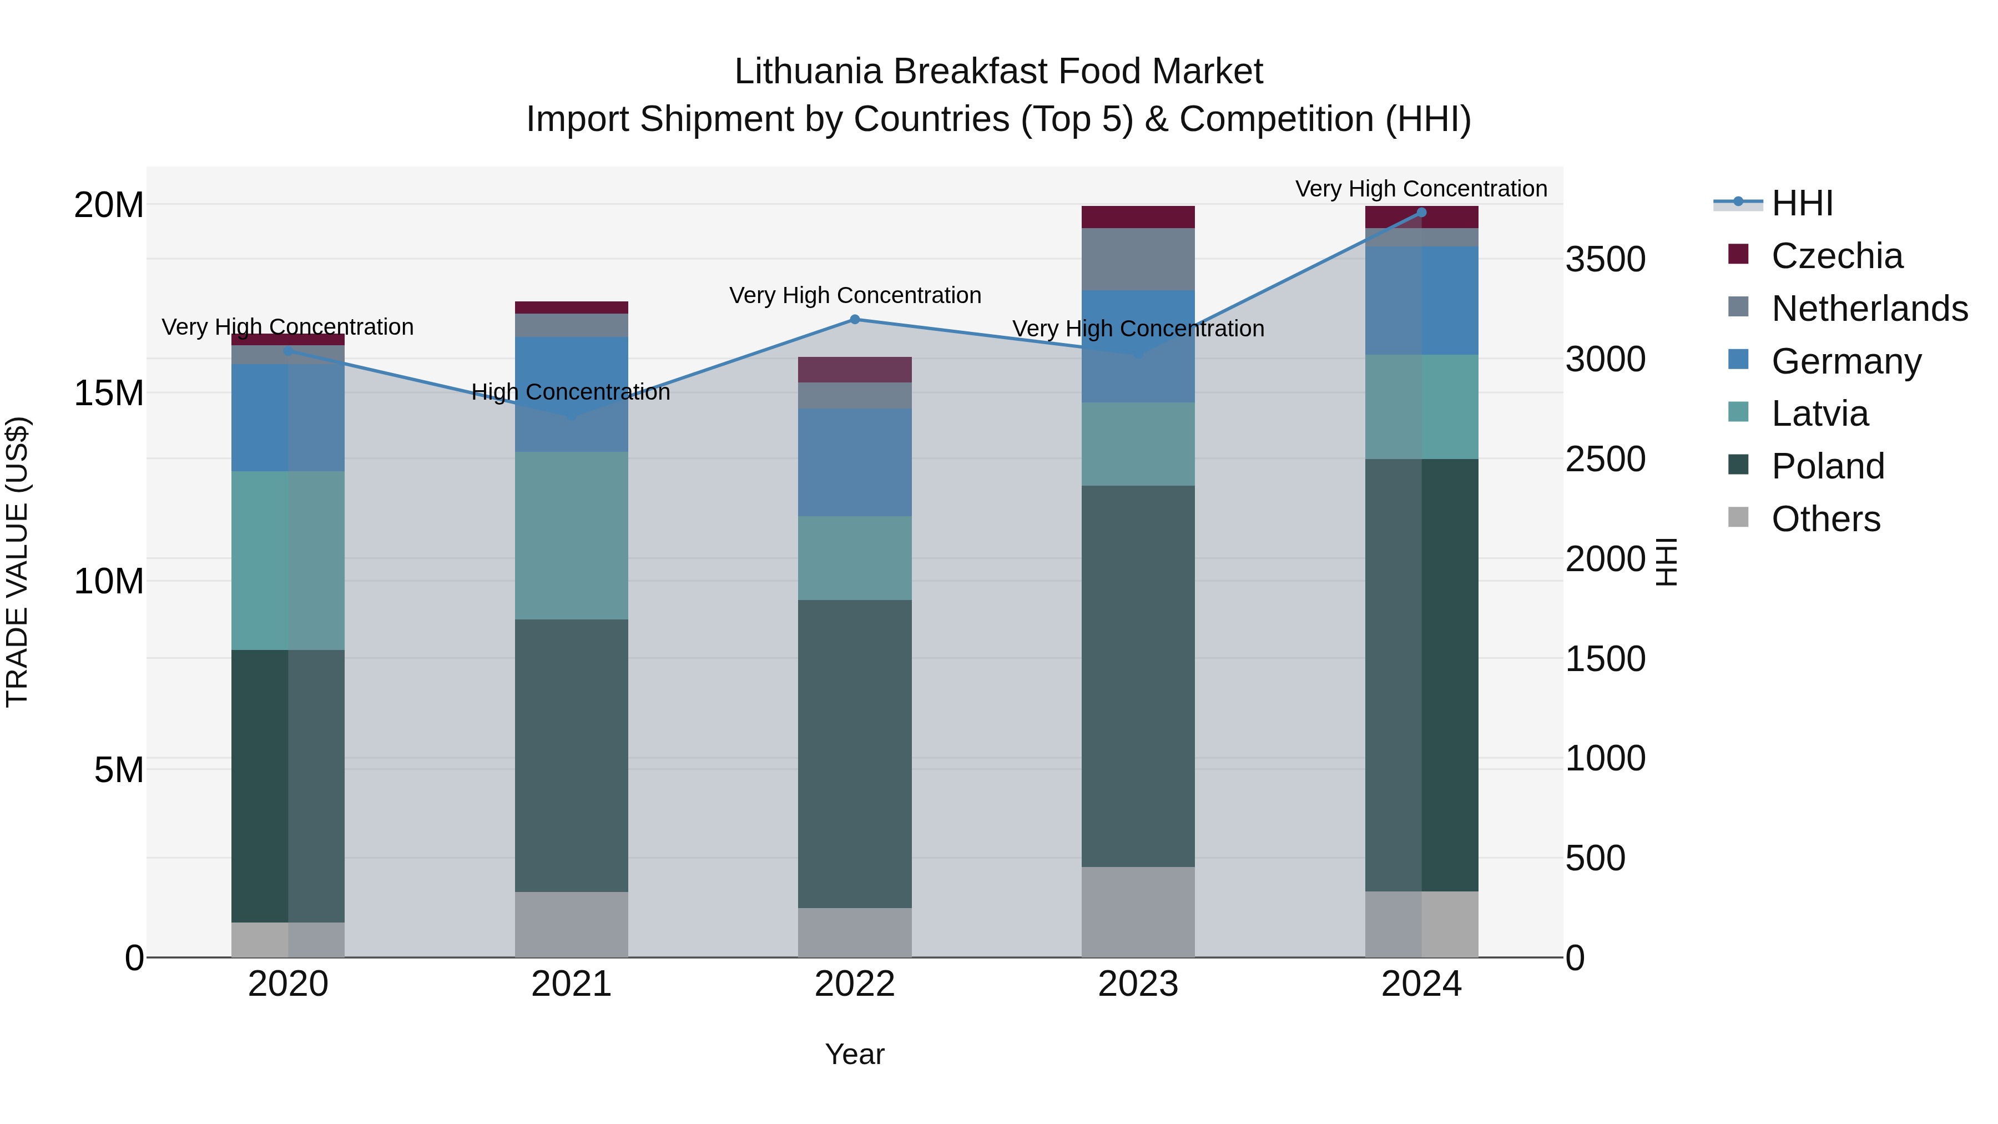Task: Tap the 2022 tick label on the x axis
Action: pos(854,984)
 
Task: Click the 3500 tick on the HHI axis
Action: pos(1605,259)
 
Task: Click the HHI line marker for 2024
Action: pos(1421,213)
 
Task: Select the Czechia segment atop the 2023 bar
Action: pos(1138,217)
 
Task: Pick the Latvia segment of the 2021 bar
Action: pos(571,535)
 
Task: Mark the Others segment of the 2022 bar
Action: pos(855,933)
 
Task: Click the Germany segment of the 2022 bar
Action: pos(855,462)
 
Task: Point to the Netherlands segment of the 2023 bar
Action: pos(1138,259)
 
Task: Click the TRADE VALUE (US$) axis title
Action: pos(17,562)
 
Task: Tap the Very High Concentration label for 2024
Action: pos(1420,189)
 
